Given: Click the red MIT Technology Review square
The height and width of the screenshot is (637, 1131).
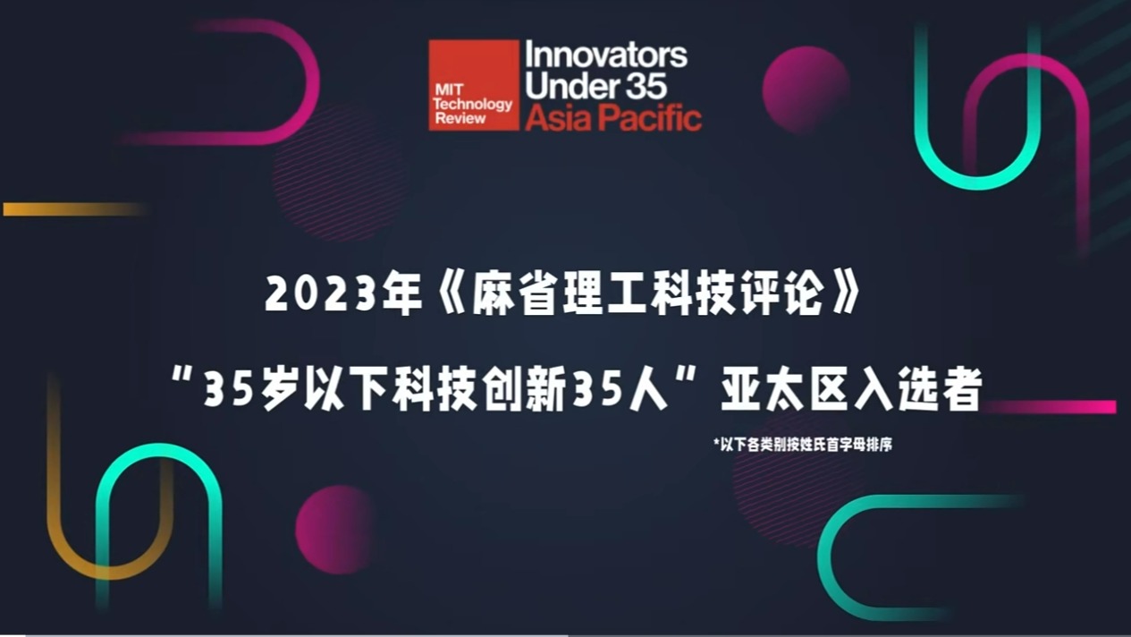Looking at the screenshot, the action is tap(474, 85).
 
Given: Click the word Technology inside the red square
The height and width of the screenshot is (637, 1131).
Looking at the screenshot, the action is tap(473, 105).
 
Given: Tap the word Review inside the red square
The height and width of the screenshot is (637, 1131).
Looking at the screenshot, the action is tap(460, 119).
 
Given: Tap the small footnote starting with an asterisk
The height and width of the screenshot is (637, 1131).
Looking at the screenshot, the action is tap(803, 445).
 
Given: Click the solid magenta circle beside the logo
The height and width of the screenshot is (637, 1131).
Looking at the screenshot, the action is tap(806, 89).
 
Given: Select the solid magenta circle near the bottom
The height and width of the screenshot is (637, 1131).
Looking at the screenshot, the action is tap(337, 530).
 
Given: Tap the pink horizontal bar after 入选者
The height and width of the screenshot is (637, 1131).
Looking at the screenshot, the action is tap(1051, 407).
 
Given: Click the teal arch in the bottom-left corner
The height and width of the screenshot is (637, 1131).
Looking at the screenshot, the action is tap(158, 450).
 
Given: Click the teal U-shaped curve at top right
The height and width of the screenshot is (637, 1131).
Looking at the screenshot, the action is tap(978, 183).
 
